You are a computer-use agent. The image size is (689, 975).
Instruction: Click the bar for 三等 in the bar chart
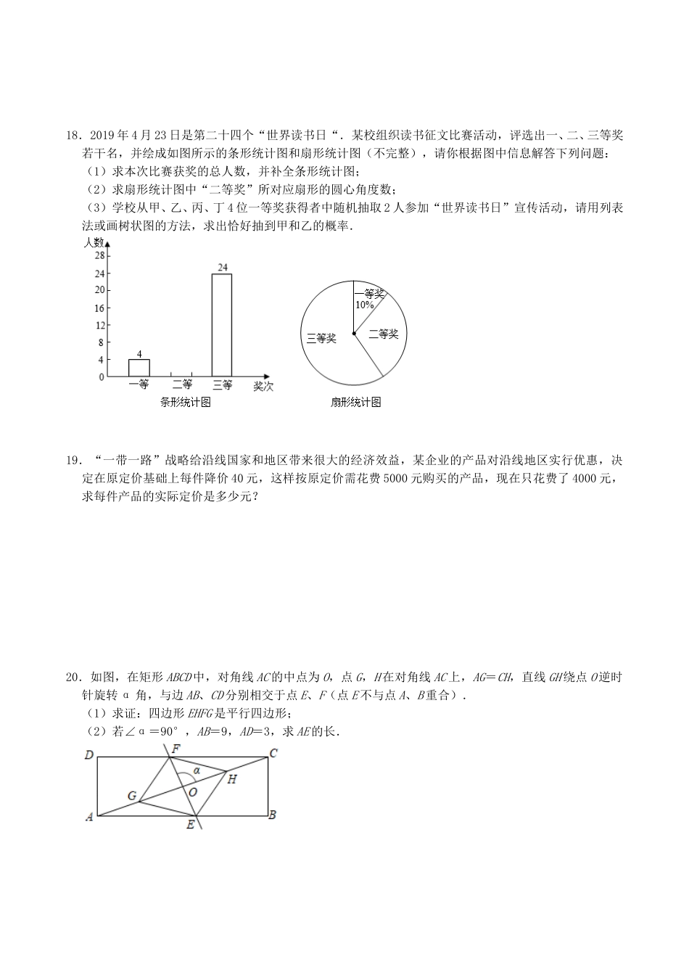click(x=222, y=325)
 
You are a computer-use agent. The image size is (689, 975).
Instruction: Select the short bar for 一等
click(x=139, y=368)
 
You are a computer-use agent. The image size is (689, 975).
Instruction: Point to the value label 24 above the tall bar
click(x=223, y=268)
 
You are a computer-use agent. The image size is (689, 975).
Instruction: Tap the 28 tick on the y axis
click(x=100, y=256)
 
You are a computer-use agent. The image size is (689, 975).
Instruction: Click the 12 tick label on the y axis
click(x=100, y=325)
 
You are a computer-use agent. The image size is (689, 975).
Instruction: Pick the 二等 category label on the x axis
click(x=181, y=384)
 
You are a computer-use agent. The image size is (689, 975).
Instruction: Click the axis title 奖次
click(x=263, y=387)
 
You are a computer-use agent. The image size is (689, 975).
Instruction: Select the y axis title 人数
click(x=94, y=242)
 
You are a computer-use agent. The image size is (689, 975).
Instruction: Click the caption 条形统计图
click(x=186, y=403)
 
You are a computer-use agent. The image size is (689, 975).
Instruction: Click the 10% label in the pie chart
click(x=365, y=305)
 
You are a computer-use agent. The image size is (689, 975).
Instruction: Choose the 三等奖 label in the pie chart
click(x=321, y=339)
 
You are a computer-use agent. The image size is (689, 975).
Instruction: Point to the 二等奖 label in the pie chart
click(x=384, y=334)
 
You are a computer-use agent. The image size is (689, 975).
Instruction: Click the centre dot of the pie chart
click(x=354, y=334)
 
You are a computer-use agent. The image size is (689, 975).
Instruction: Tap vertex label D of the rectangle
click(x=88, y=755)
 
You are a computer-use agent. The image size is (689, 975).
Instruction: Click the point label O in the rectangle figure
click(x=193, y=792)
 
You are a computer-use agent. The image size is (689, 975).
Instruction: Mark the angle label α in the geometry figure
click(x=197, y=771)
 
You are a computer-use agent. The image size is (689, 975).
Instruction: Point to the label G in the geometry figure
click(x=132, y=796)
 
